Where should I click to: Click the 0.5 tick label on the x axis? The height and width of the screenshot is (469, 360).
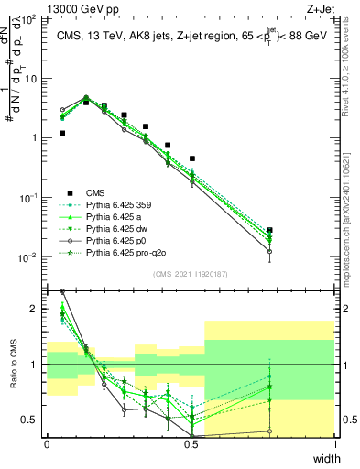[x=191, y=444]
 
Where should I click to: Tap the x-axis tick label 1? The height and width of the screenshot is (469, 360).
[x=334, y=444]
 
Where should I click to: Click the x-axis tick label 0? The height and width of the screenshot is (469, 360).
[x=47, y=444]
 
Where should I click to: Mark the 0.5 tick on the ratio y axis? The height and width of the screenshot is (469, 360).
[x=33, y=420]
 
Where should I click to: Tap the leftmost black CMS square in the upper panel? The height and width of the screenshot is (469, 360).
[x=62, y=133]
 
